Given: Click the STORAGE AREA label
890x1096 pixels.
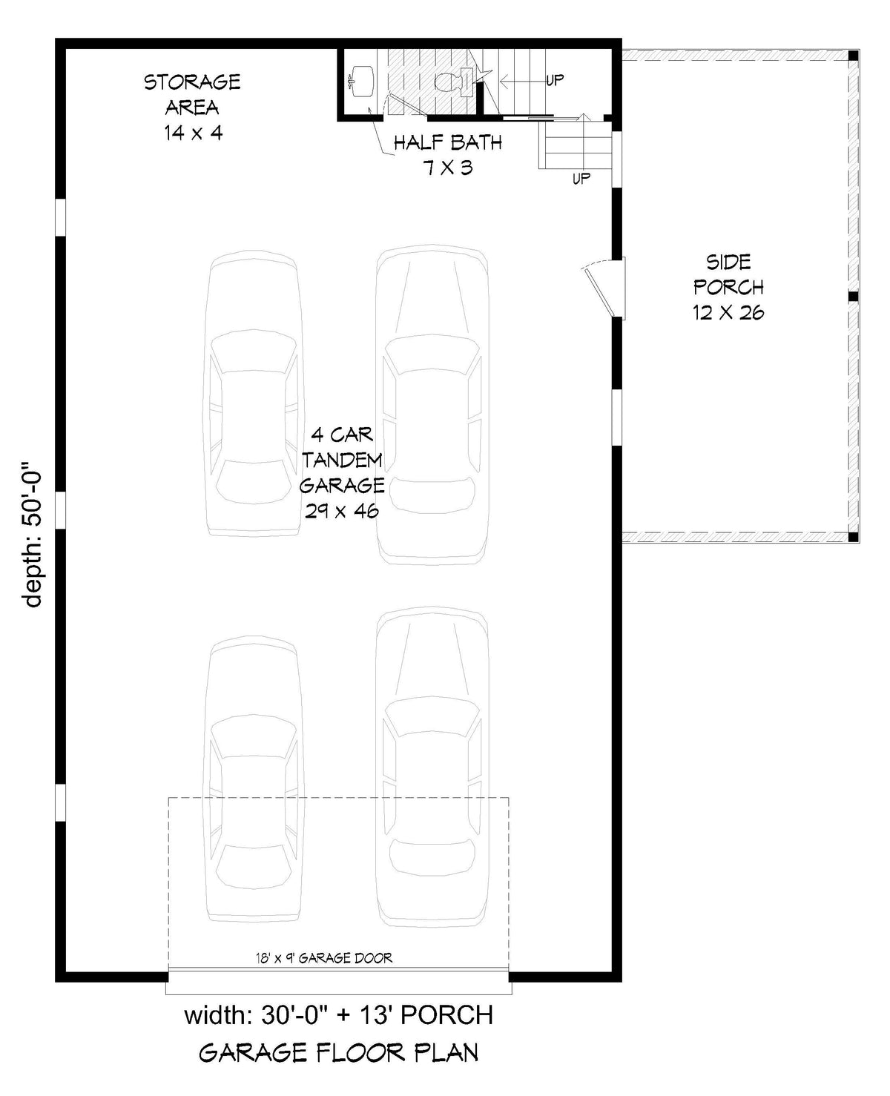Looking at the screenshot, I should (x=192, y=94).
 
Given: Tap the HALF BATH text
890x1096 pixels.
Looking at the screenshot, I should (x=447, y=142).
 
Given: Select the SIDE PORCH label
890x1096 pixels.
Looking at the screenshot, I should (x=728, y=274).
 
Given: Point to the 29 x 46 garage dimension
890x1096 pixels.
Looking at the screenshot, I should (x=342, y=511).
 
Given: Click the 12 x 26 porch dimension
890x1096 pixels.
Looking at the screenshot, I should (x=728, y=312).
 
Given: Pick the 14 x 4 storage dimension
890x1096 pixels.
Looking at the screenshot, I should (x=193, y=133).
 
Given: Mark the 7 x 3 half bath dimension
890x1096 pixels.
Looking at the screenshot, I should (x=447, y=168).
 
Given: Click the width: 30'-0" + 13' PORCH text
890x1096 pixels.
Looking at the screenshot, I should (x=338, y=1014).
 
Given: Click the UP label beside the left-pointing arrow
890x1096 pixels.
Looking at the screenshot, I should (x=555, y=80).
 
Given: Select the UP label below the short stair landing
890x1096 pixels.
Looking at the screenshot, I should (x=581, y=179).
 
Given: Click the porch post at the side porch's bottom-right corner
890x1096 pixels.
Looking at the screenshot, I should (x=854, y=536).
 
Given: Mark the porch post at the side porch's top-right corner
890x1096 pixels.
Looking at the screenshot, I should (x=854, y=56).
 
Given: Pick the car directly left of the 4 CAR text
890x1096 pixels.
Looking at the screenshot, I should (x=254, y=393).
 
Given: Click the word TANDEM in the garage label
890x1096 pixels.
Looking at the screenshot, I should (x=342, y=460).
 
